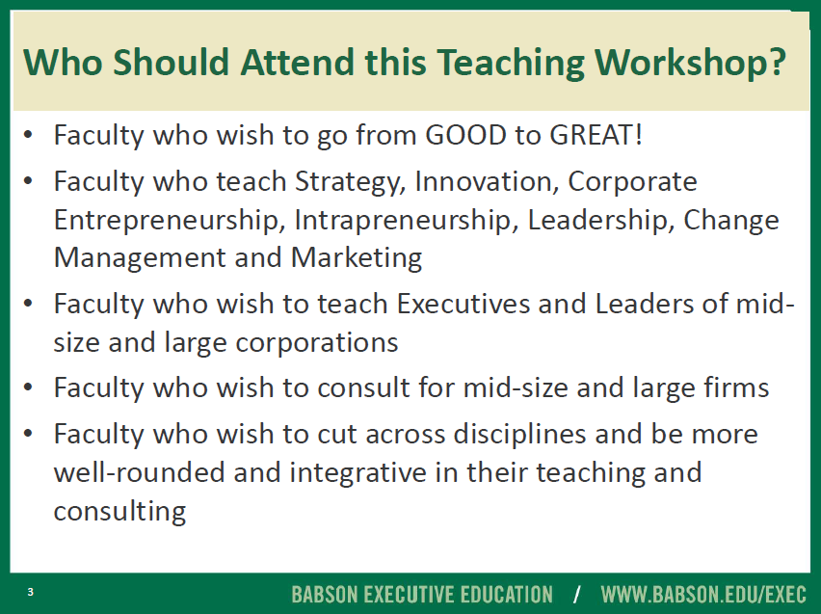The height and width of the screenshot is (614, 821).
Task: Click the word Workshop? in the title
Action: tap(691, 63)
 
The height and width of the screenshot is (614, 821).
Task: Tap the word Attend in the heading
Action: tap(298, 62)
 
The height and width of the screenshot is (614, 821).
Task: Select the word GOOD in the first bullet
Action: tap(465, 135)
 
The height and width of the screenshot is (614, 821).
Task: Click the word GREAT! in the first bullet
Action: tap(596, 135)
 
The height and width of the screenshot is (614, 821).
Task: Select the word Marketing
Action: tap(357, 258)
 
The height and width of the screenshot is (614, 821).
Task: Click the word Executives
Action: tap(463, 304)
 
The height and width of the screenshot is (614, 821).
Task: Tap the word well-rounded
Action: tap(140, 472)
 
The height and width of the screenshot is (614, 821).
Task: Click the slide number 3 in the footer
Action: tap(31, 592)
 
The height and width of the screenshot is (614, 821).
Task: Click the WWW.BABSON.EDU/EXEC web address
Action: tap(703, 595)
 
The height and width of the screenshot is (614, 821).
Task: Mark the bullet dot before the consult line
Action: tap(28, 388)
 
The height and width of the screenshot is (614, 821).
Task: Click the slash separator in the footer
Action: tap(577, 595)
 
